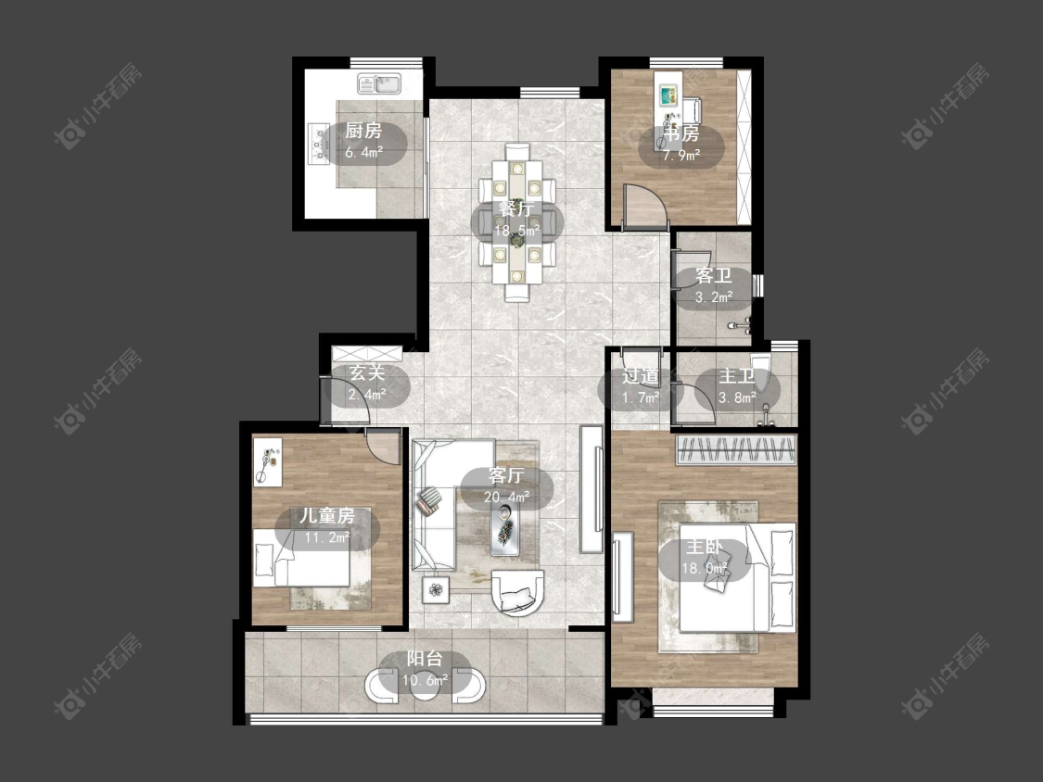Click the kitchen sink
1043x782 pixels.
point(378,83)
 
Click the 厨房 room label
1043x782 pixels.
point(363,131)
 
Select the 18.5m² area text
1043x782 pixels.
point(516,231)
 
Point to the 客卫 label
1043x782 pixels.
point(714,275)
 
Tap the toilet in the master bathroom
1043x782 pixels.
point(763,376)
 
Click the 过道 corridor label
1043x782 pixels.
point(640,376)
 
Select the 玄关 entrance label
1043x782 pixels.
point(368,373)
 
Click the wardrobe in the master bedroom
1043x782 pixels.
point(736,449)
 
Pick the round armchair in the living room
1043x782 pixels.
point(517,592)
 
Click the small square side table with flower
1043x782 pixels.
point(436,589)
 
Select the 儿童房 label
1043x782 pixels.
point(326,515)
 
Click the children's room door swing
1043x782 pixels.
point(383,447)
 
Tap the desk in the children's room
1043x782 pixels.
point(267,461)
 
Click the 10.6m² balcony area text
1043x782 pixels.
point(425,679)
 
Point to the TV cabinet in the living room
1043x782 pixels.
point(591,489)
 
